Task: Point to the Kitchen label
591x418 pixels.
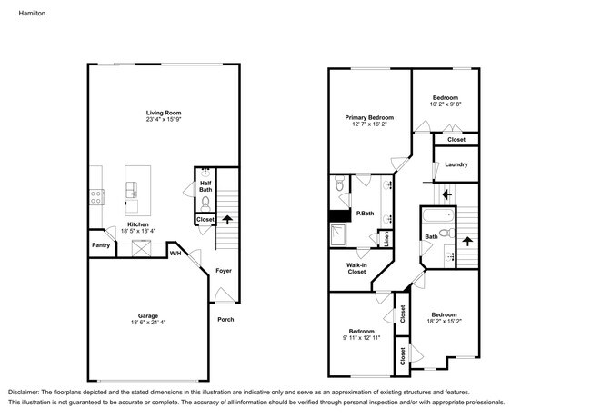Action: coord(137,224)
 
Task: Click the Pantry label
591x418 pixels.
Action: coord(101,245)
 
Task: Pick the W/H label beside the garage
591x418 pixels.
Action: coord(175,254)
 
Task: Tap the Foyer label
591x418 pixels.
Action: coord(223,270)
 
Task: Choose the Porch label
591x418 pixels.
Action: coord(225,319)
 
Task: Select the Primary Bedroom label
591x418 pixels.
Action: coord(368,117)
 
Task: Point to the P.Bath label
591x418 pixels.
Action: coord(365,214)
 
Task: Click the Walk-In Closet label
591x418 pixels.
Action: coord(356,268)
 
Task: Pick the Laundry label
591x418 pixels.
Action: coord(456,164)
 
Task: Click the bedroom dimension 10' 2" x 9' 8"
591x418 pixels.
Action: coord(445,104)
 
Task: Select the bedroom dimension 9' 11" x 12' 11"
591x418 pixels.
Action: coord(362,337)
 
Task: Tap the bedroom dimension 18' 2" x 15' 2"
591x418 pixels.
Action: coord(445,321)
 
